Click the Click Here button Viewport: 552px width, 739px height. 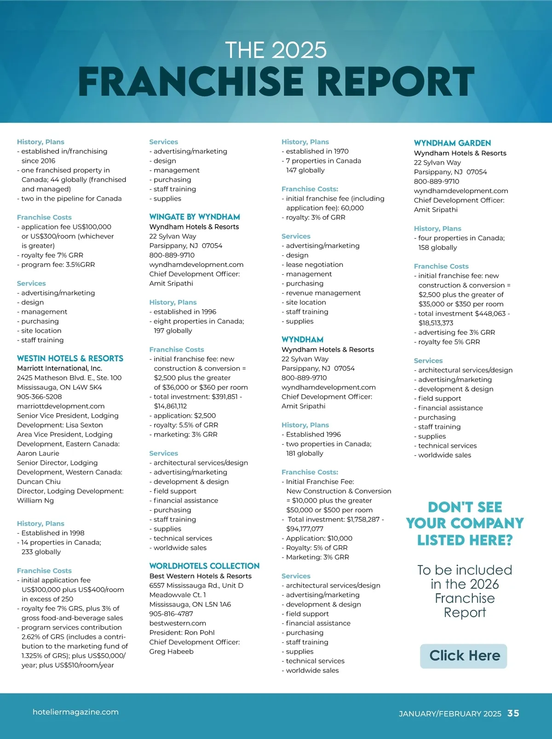[x=464, y=656]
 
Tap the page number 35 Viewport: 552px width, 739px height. [x=513, y=713]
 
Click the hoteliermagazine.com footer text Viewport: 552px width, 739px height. [x=75, y=712]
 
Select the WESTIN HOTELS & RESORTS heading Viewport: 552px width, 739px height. [x=70, y=358]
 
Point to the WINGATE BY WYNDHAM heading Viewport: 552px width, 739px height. [x=195, y=217]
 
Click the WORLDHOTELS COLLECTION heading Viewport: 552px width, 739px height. [x=204, y=566]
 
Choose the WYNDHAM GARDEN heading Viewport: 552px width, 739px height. [x=452, y=143]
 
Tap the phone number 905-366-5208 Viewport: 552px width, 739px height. [x=39, y=397]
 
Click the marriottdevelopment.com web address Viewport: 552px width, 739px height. [x=61, y=406]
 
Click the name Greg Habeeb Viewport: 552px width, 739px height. [x=171, y=652]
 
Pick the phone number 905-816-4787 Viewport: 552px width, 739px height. [x=171, y=614]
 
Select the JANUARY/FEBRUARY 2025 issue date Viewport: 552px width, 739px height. [x=450, y=714]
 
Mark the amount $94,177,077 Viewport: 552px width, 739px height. [x=305, y=529]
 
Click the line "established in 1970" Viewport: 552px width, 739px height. [x=317, y=151]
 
